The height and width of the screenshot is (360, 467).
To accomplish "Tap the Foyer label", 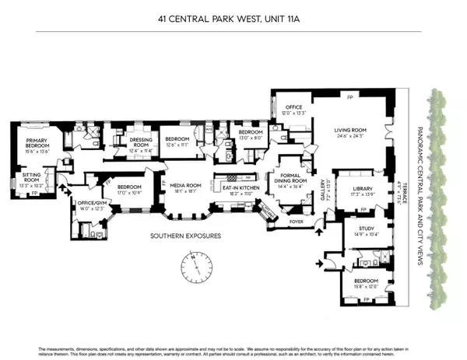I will click(x=299, y=219).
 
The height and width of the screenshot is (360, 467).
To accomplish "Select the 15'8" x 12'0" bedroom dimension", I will click(x=365, y=286).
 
